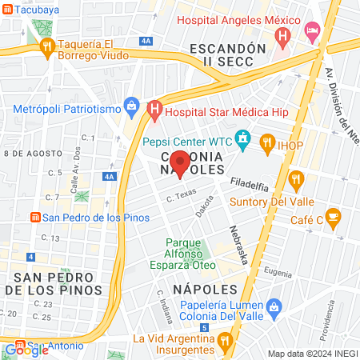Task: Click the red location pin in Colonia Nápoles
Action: (x=181, y=162)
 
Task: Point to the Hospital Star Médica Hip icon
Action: (x=155, y=106)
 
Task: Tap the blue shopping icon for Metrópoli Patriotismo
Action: (x=131, y=106)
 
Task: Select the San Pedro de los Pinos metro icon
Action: (x=34, y=217)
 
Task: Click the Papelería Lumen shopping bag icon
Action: (x=274, y=306)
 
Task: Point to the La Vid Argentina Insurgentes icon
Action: (x=226, y=339)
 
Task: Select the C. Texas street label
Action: (x=182, y=194)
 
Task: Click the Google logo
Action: (x=26, y=350)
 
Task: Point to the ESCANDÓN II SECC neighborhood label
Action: (x=222, y=54)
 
